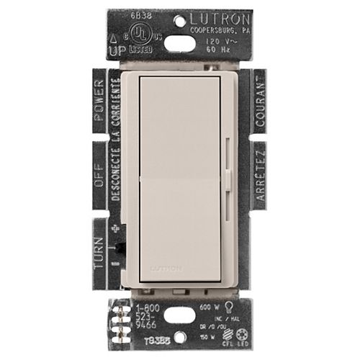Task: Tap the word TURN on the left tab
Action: point(100,238)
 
